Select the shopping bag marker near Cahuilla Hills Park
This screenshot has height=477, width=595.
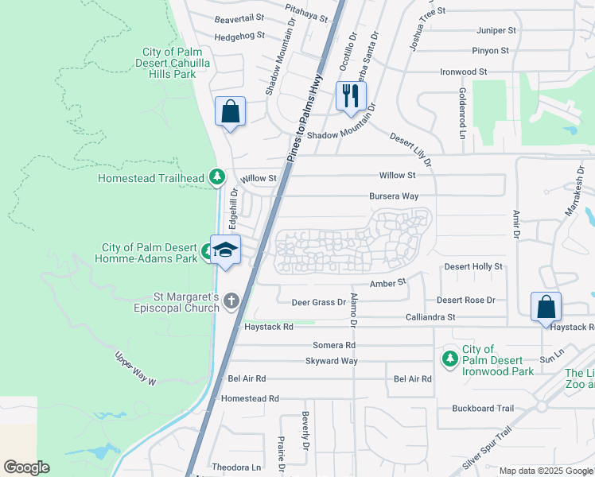click(x=230, y=112)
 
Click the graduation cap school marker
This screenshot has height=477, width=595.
click(x=225, y=250)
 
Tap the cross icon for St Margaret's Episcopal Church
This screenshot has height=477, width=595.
click(x=231, y=301)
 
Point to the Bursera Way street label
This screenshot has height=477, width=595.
click(x=393, y=196)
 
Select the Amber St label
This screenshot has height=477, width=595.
click(x=387, y=282)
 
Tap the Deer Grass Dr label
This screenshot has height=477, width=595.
click(x=318, y=302)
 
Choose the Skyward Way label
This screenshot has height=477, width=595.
click(x=332, y=361)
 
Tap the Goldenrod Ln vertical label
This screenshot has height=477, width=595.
click(x=461, y=114)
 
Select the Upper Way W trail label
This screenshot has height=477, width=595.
click(x=136, y=370)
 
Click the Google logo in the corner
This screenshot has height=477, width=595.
click(x=26, y=467)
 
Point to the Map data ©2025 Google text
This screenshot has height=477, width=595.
click(x=546, y=471)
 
